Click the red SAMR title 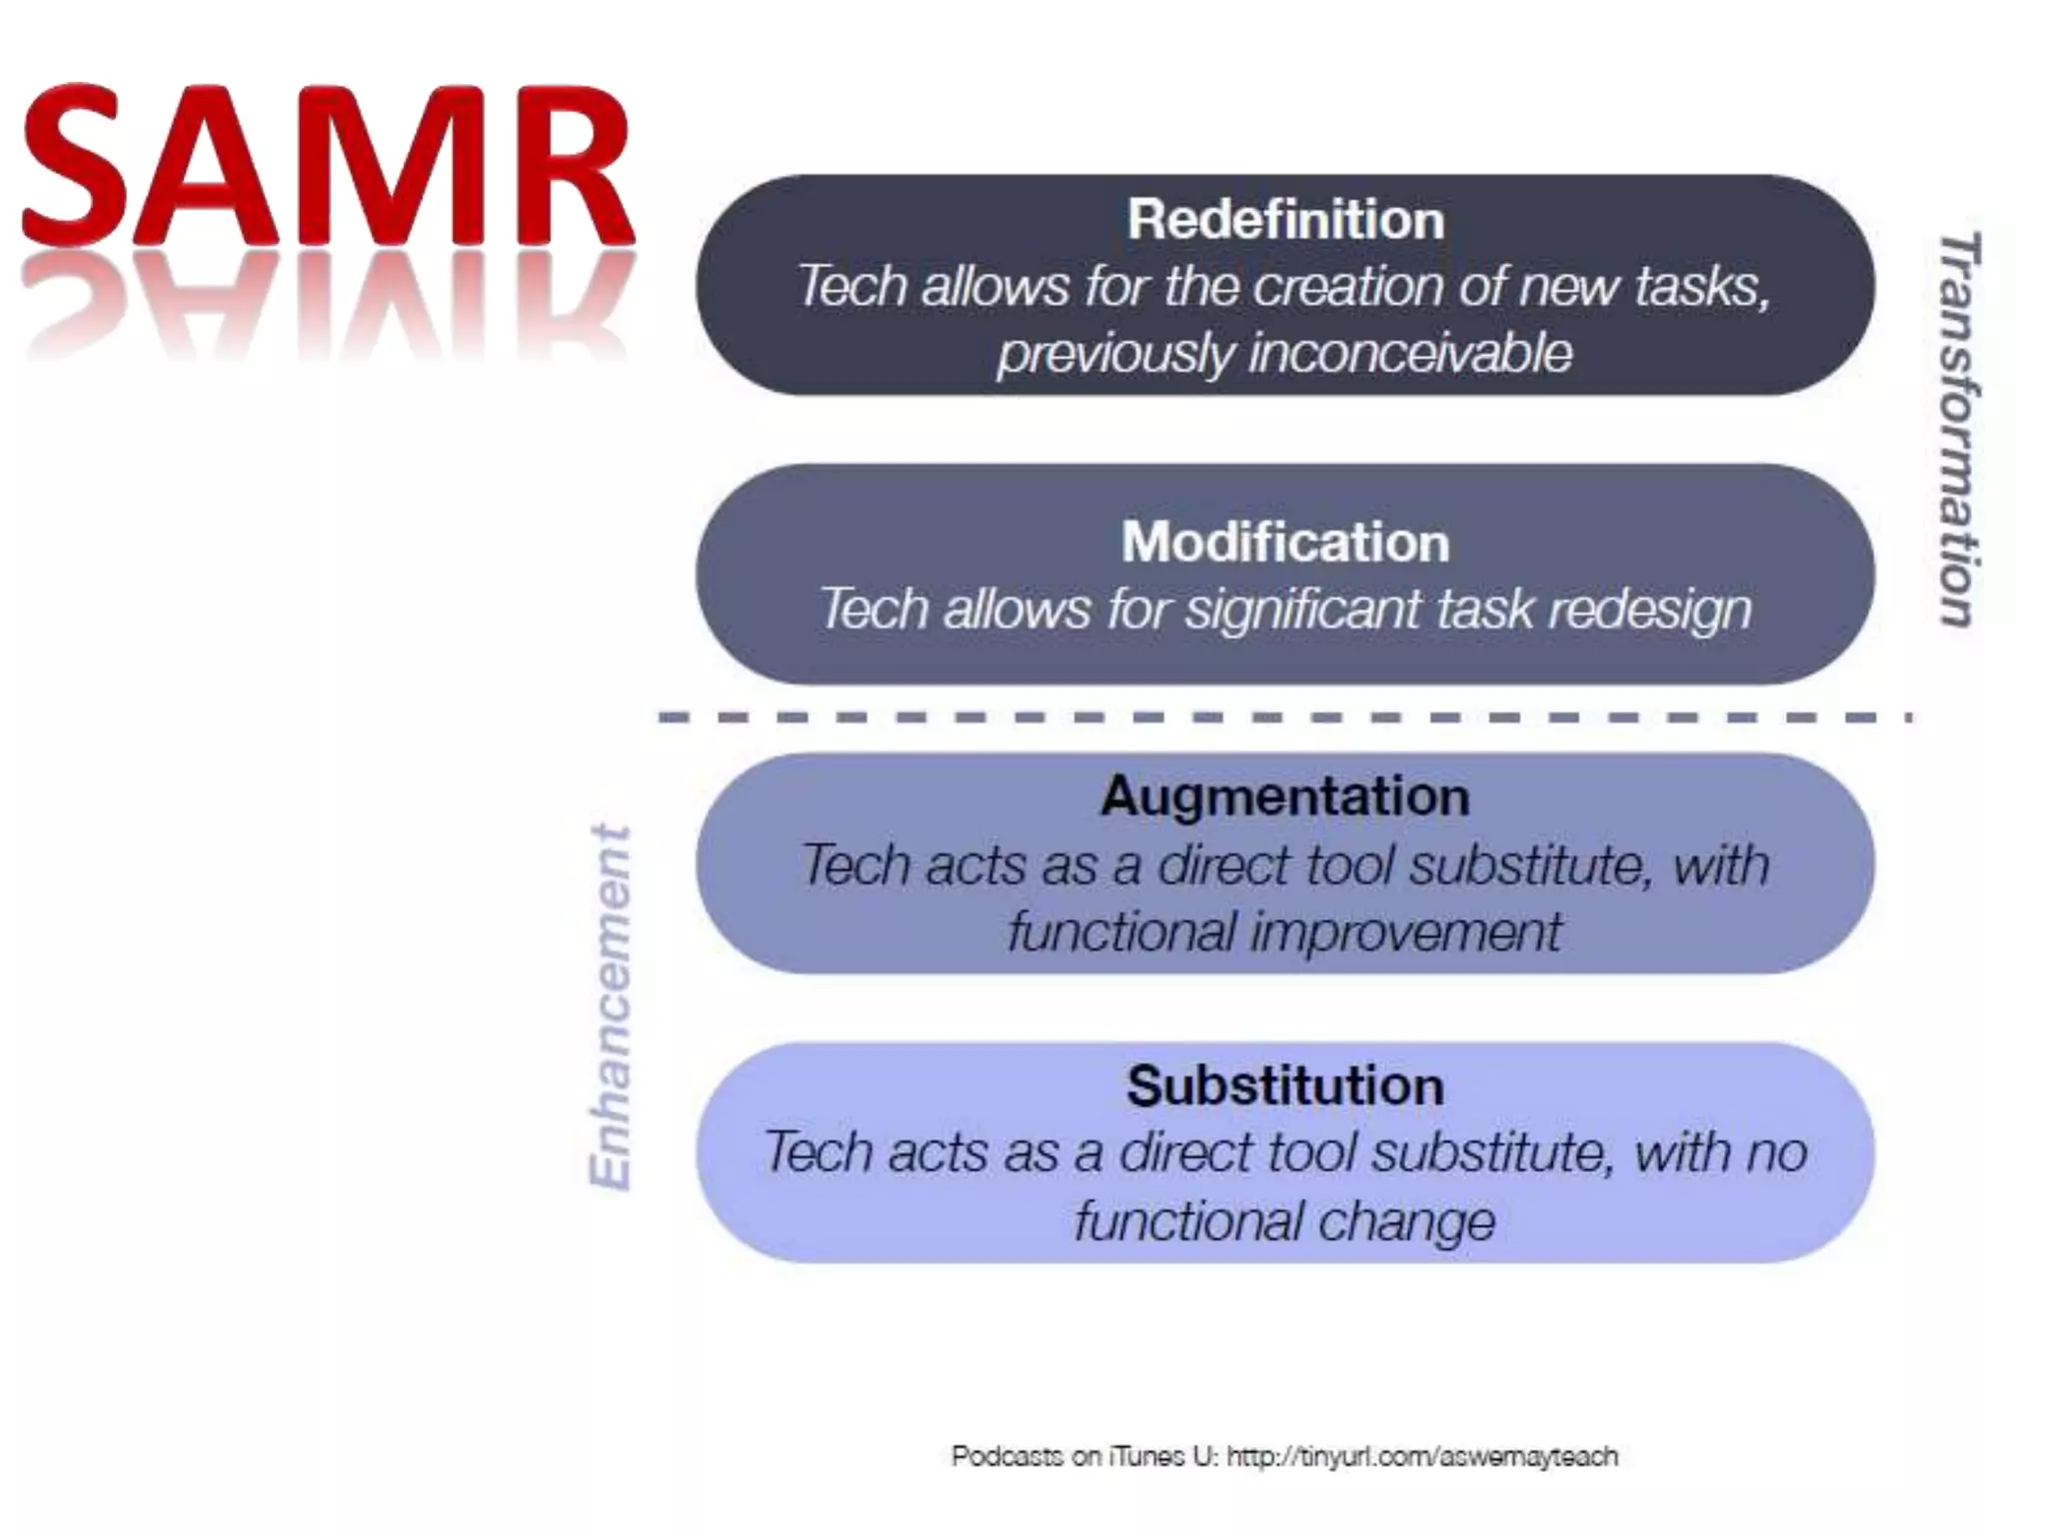tap(328, 168)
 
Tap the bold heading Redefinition tap(1285, 219)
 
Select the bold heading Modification tap(1285, 542)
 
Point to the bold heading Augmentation tap(1285, 796)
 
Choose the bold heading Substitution tap(1285, 1085)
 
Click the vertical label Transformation tap(1958, 430)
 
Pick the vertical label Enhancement tap(610, 1007)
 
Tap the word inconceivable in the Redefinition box tap(1410, 354)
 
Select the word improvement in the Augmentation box tap(1406, 931)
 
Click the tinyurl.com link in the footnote tap(1421, 1456)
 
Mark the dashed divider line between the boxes tap(1285, 718)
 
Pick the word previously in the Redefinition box tap(1115, 354)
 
